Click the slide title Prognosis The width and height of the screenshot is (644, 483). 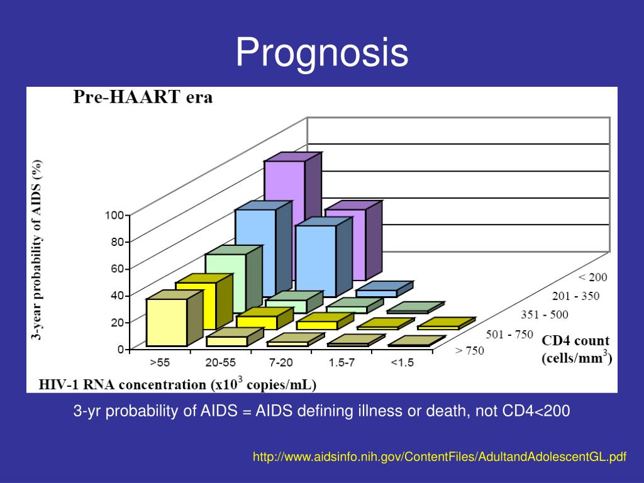(322, 52)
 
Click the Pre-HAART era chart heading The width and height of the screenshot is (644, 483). (143, 97)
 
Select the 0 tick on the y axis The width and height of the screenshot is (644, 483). (119, 348)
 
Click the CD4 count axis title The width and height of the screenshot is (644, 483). (575, 341)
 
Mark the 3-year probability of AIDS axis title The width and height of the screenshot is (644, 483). (38, 250)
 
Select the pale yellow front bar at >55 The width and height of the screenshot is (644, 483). (167, 322)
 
